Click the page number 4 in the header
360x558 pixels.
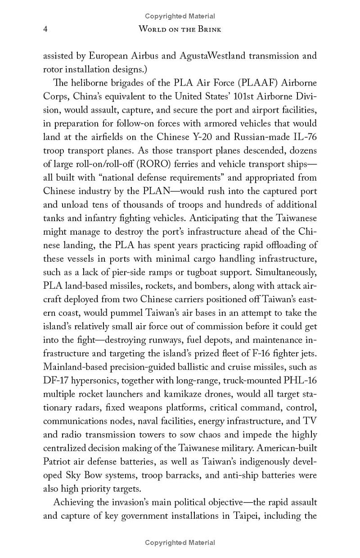point(45,29)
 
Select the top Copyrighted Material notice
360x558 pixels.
point(180,16)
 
